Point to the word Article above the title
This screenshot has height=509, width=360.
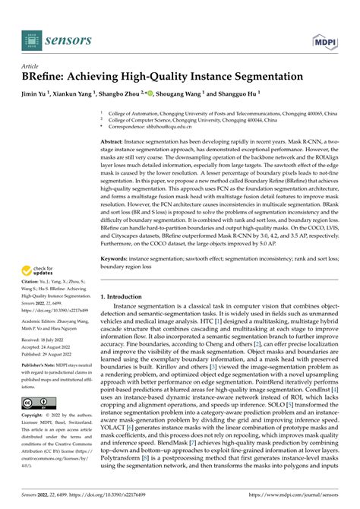coord(31,66)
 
